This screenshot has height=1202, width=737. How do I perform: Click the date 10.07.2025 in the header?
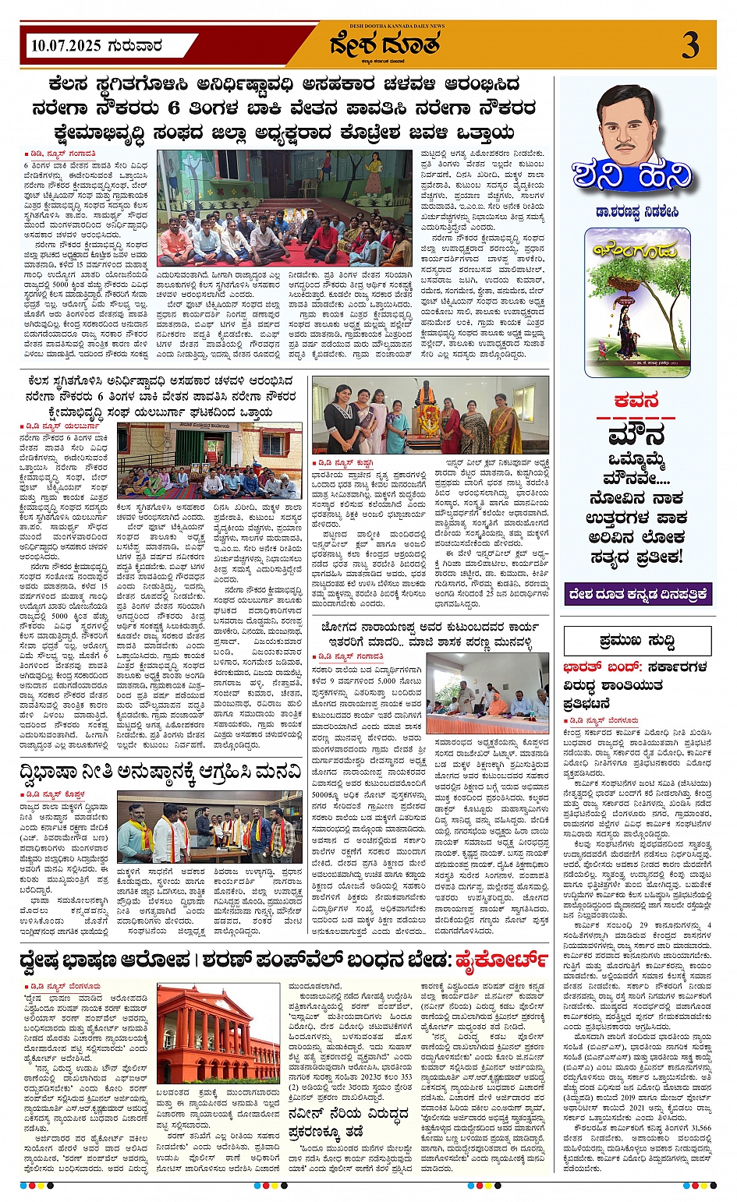coord(66,46)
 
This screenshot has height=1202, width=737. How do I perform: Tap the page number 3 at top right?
coord(689,45)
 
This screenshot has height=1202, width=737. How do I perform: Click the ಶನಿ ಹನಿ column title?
coord(632,176)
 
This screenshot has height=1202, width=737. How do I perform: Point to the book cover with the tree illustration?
coord(638,302)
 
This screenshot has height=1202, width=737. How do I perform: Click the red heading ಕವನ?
coord(636,401)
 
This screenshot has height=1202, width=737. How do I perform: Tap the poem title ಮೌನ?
coord(636,433)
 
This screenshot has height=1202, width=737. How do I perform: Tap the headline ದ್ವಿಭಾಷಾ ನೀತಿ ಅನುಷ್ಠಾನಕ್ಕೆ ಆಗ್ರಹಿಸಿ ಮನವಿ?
coord(160,772)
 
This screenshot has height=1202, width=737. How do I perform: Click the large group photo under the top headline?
coord(285,208)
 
